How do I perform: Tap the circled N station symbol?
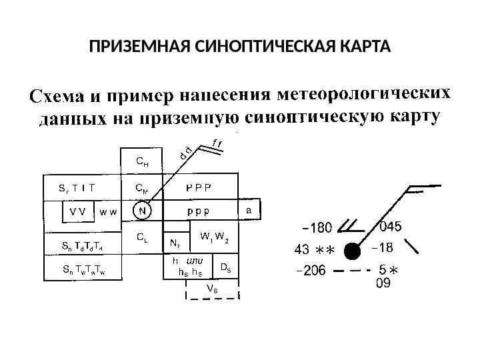click(x=141, y=211)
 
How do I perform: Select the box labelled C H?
click(x=141, y=161)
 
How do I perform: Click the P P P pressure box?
click(x=199, y=187)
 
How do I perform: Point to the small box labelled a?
click(x=249, y=210)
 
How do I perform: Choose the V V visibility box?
click(x=79, y=211)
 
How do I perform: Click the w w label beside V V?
click(x=108, y=211)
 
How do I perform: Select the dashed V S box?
click(x=211, y=289)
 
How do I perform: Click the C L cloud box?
click(x=141, y=236)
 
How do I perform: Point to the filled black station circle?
click(x=351, y=251)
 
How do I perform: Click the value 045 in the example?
click(x=390, y=227)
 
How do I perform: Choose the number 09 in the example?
click(x=383, y=283)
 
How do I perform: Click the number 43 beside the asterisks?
click(x=301, y=250)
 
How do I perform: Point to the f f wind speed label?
click(x=217, y=142)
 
